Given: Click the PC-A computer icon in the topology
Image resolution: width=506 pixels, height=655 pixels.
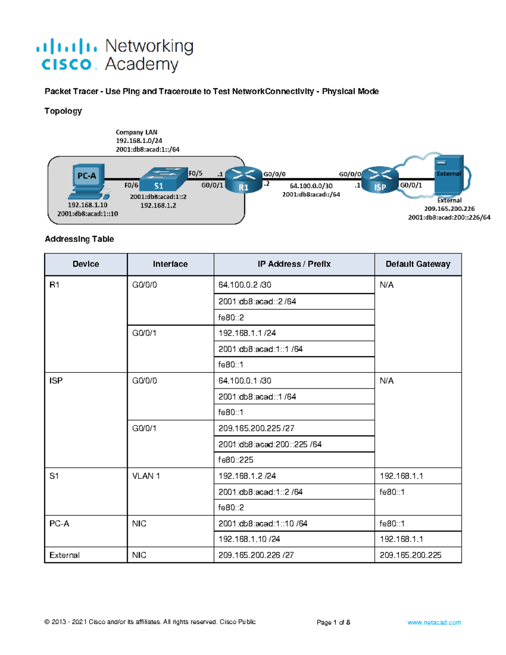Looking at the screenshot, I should [87, 181].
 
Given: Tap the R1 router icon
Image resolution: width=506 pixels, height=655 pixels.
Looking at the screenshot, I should [243, 180].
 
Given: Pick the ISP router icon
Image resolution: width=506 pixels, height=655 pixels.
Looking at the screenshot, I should [379, 180].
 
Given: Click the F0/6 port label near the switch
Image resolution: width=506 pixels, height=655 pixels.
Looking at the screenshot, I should [131, 185].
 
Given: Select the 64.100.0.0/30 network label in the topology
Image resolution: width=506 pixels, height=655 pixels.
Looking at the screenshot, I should [311, 186].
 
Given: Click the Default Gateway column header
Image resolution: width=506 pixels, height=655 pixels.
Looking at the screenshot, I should [418, 264].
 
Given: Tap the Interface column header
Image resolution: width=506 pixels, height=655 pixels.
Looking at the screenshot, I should [170, 264].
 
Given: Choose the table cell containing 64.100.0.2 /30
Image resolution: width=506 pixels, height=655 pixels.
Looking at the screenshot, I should [245, 285].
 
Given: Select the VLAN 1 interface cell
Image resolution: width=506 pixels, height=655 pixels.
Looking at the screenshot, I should [146, 476].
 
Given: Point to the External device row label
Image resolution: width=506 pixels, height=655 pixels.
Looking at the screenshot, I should [65, 555].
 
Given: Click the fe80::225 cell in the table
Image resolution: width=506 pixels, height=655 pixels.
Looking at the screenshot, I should [236, 460].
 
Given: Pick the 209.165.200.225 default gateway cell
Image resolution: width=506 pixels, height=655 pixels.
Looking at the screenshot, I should [410, 555].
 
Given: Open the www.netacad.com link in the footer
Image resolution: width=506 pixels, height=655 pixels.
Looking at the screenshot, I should [434, 623].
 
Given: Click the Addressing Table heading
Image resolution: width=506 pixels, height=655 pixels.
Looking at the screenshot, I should [79, 239].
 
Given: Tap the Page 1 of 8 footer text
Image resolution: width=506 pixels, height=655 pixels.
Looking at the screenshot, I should [333, 623].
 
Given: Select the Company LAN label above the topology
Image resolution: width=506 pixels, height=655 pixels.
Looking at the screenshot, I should [136, 132].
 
